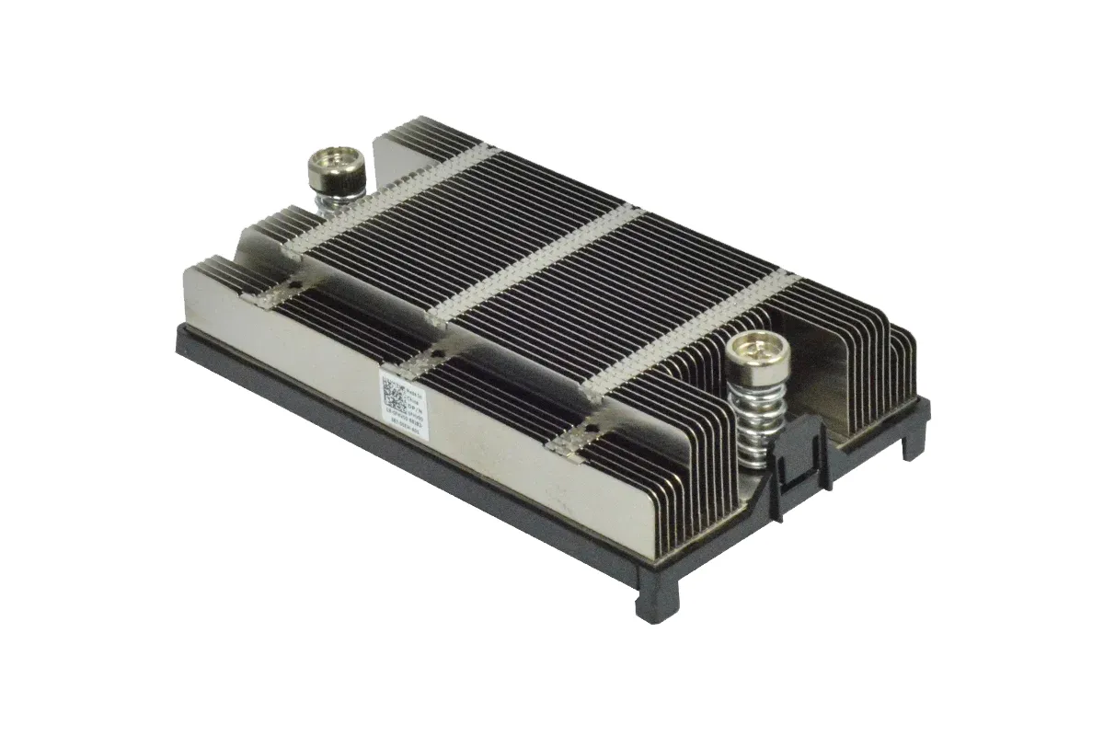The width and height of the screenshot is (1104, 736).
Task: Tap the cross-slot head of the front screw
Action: [752, 348]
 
